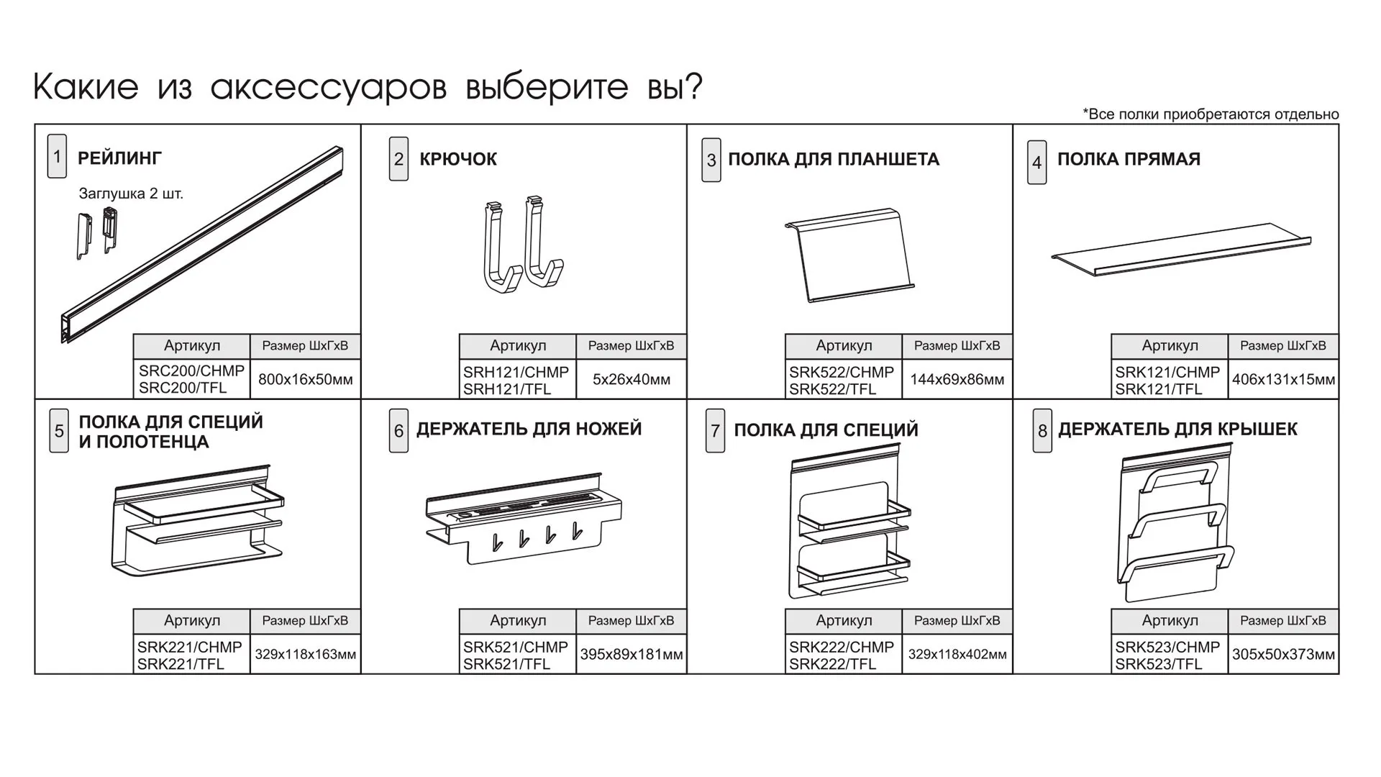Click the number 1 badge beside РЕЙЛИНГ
pyautogui.click(x=57, y=156)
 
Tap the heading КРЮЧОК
pyautogui.click(x=457, y=159)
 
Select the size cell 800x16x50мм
pyautogui.click(x=305, y=379)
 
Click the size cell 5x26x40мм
pyautogui.click(x=631, y=379)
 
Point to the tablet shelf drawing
pyautogui.click(x=849, y=255)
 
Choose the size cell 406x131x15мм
pyautogui.click(x=1283, y=379)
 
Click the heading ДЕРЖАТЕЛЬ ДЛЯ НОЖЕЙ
pyautogui.click(x=529, y=429)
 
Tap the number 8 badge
pyautogui.click(x=1042, y=431)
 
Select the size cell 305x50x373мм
pyautogui.click(x=1283, y=655)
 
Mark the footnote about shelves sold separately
pyautogui.click(x=1211, y=114)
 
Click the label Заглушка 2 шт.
pyautogui.click(x=131, y=194)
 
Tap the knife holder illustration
pyautogui.click(x=524, y=518)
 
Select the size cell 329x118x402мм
pyautogui.click(x=957, y=655)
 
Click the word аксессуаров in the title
pyautogui.click(x=329, y=87)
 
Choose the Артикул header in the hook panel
pyautogui.click(x=517, y=346)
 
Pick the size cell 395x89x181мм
pyautogui.click(x=631, y=655)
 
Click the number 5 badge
pyautogui.click(x=59, y=431)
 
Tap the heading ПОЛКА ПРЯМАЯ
pyautogui.click(x=1128, y=159)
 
